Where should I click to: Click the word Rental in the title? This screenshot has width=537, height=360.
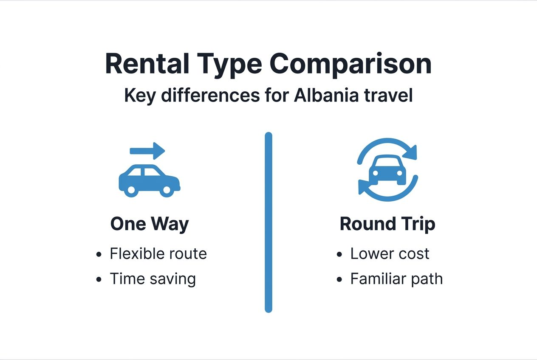tap(147, 64)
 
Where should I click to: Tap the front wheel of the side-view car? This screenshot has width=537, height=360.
tap(167, 190)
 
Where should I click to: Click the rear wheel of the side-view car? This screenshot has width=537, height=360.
tap(132, 190)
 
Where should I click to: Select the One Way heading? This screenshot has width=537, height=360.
tap(150, 224)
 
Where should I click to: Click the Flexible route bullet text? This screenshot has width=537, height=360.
tap(158, 254)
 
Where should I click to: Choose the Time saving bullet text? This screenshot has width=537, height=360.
tap(153, 279)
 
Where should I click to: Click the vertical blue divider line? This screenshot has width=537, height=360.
tap(268, 223)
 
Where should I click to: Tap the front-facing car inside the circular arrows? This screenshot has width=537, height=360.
tap(387, 170)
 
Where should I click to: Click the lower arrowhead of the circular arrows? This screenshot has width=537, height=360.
tap(364, 187)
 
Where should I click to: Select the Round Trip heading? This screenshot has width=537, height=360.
tap(387, 224)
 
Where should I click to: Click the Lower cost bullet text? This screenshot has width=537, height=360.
tap(390, 254)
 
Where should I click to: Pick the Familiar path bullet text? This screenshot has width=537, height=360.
tap(396, 279)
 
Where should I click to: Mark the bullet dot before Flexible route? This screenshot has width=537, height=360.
tap(99, 255)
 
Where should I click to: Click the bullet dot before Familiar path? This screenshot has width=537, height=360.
tap(339, 280)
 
